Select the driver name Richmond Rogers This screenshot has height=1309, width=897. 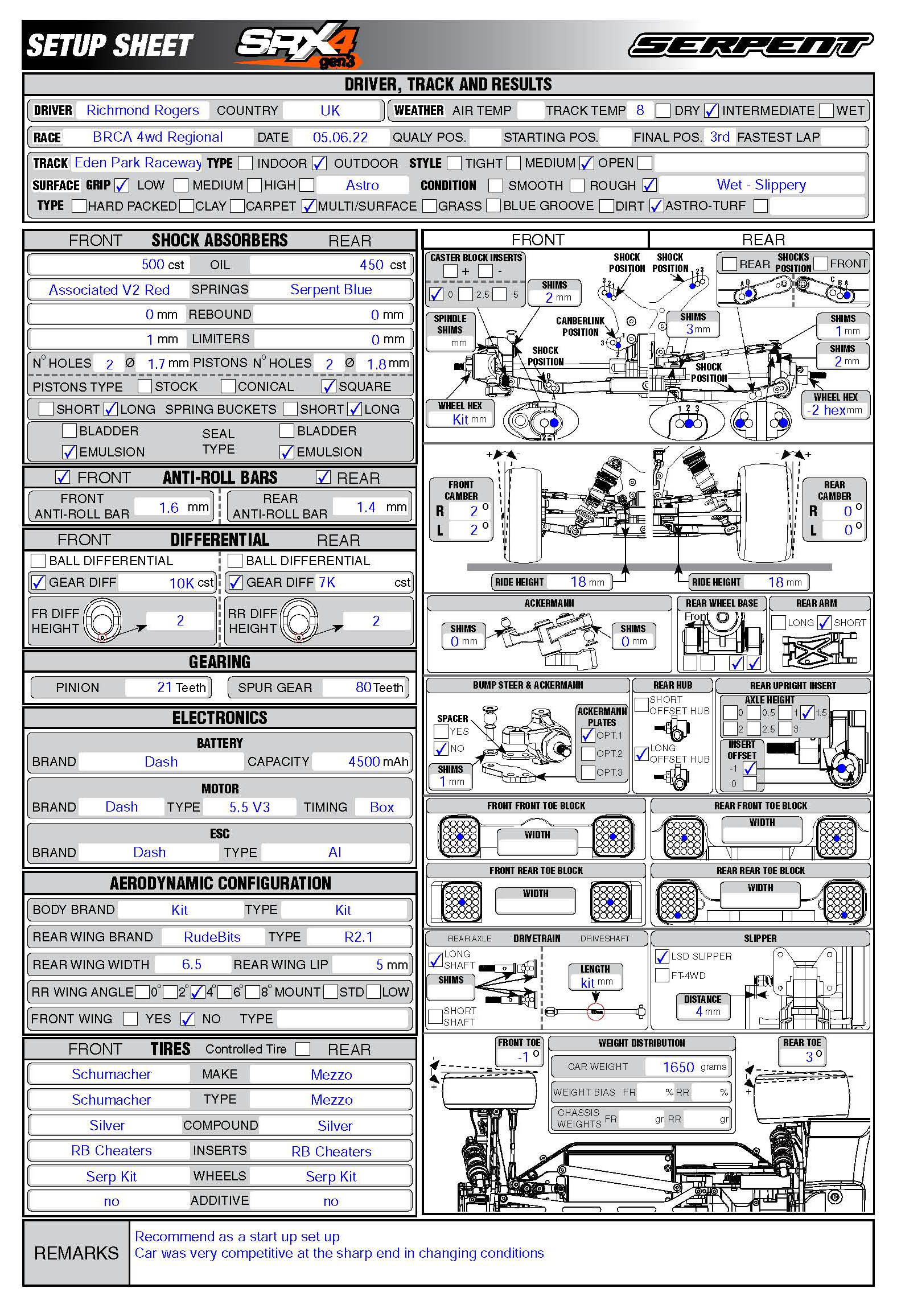(142, 110)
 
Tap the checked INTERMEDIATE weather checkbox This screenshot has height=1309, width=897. (711, 110)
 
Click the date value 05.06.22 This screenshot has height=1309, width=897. (340, 137)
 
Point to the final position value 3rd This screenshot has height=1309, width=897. (719, 137)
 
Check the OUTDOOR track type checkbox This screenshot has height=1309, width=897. (319, 163)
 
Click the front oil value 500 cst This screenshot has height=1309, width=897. (162, 265)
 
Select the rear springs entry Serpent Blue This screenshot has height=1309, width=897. (331, 290)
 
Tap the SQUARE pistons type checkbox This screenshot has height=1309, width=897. (328, 386)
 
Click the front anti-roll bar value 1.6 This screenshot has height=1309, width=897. (168, 507)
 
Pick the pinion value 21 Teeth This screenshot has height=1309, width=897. (181, 688)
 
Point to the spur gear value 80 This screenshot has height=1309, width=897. (364, 688)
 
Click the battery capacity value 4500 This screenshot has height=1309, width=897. (364, 761)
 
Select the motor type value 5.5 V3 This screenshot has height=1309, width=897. (249, 807)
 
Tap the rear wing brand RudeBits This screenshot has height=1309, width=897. (212, 937)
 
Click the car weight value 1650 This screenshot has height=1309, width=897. (678, 1067)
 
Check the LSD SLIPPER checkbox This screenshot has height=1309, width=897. (662, 956)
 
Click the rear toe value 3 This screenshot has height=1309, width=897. (809, 1057)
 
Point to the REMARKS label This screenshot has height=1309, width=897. (76, 1253)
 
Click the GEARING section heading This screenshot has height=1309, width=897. (220, 662)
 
